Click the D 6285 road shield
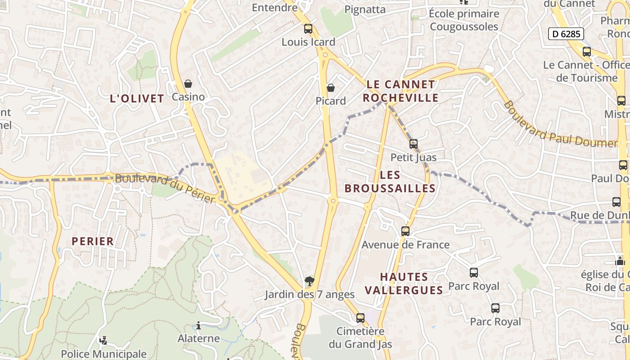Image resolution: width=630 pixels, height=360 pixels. pos(566,34)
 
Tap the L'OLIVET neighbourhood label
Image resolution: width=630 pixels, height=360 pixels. pos(137,99)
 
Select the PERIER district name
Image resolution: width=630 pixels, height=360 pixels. pos(93,241)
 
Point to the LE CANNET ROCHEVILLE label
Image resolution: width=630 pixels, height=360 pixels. pos(400,91)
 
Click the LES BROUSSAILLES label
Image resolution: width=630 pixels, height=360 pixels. pos(390,181)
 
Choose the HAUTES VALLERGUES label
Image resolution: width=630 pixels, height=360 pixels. pos(404,283)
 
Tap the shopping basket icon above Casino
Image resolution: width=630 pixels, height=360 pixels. pos(188,84)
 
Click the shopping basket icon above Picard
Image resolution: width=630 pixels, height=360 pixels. pos(331,87)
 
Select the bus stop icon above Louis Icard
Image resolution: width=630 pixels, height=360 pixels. pos(308,29)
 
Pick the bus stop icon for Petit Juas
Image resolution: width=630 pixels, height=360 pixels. pos(413,144)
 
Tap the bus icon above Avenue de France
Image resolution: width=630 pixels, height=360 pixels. pos(405,231)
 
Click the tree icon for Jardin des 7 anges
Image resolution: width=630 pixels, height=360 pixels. pos(309,282)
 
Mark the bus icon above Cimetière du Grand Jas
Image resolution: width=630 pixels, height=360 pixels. pos(360,318)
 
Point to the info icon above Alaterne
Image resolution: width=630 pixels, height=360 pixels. pos(198,325)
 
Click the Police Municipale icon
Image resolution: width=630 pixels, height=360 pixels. pos(103,341)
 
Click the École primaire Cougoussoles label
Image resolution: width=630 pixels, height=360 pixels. pos(464,20)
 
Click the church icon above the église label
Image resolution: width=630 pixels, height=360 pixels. pos(620,261)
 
